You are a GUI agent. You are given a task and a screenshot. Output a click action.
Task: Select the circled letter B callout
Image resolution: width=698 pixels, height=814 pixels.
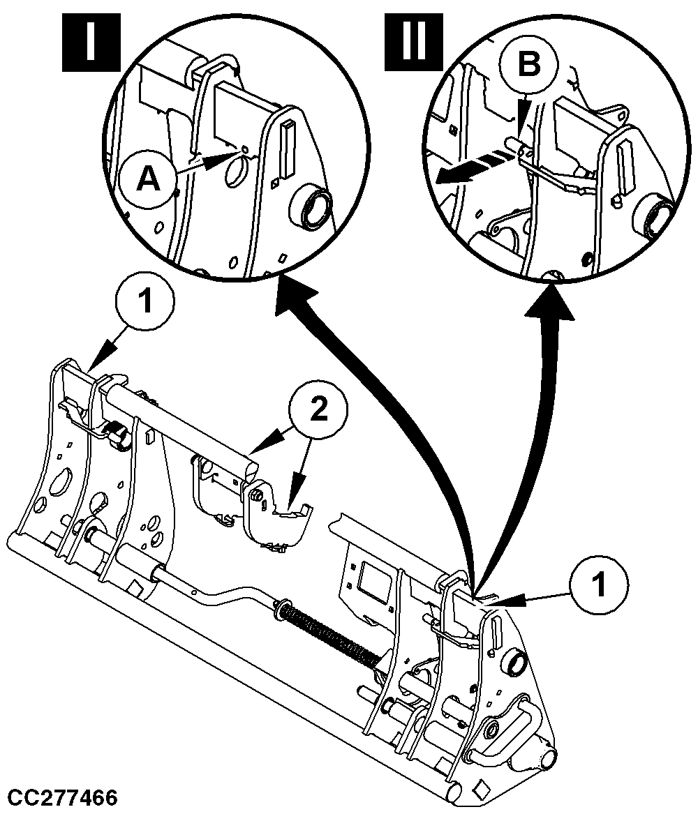(528, 65)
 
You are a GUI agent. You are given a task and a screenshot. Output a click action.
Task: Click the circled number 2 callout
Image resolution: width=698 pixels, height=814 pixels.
(318, 412)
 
